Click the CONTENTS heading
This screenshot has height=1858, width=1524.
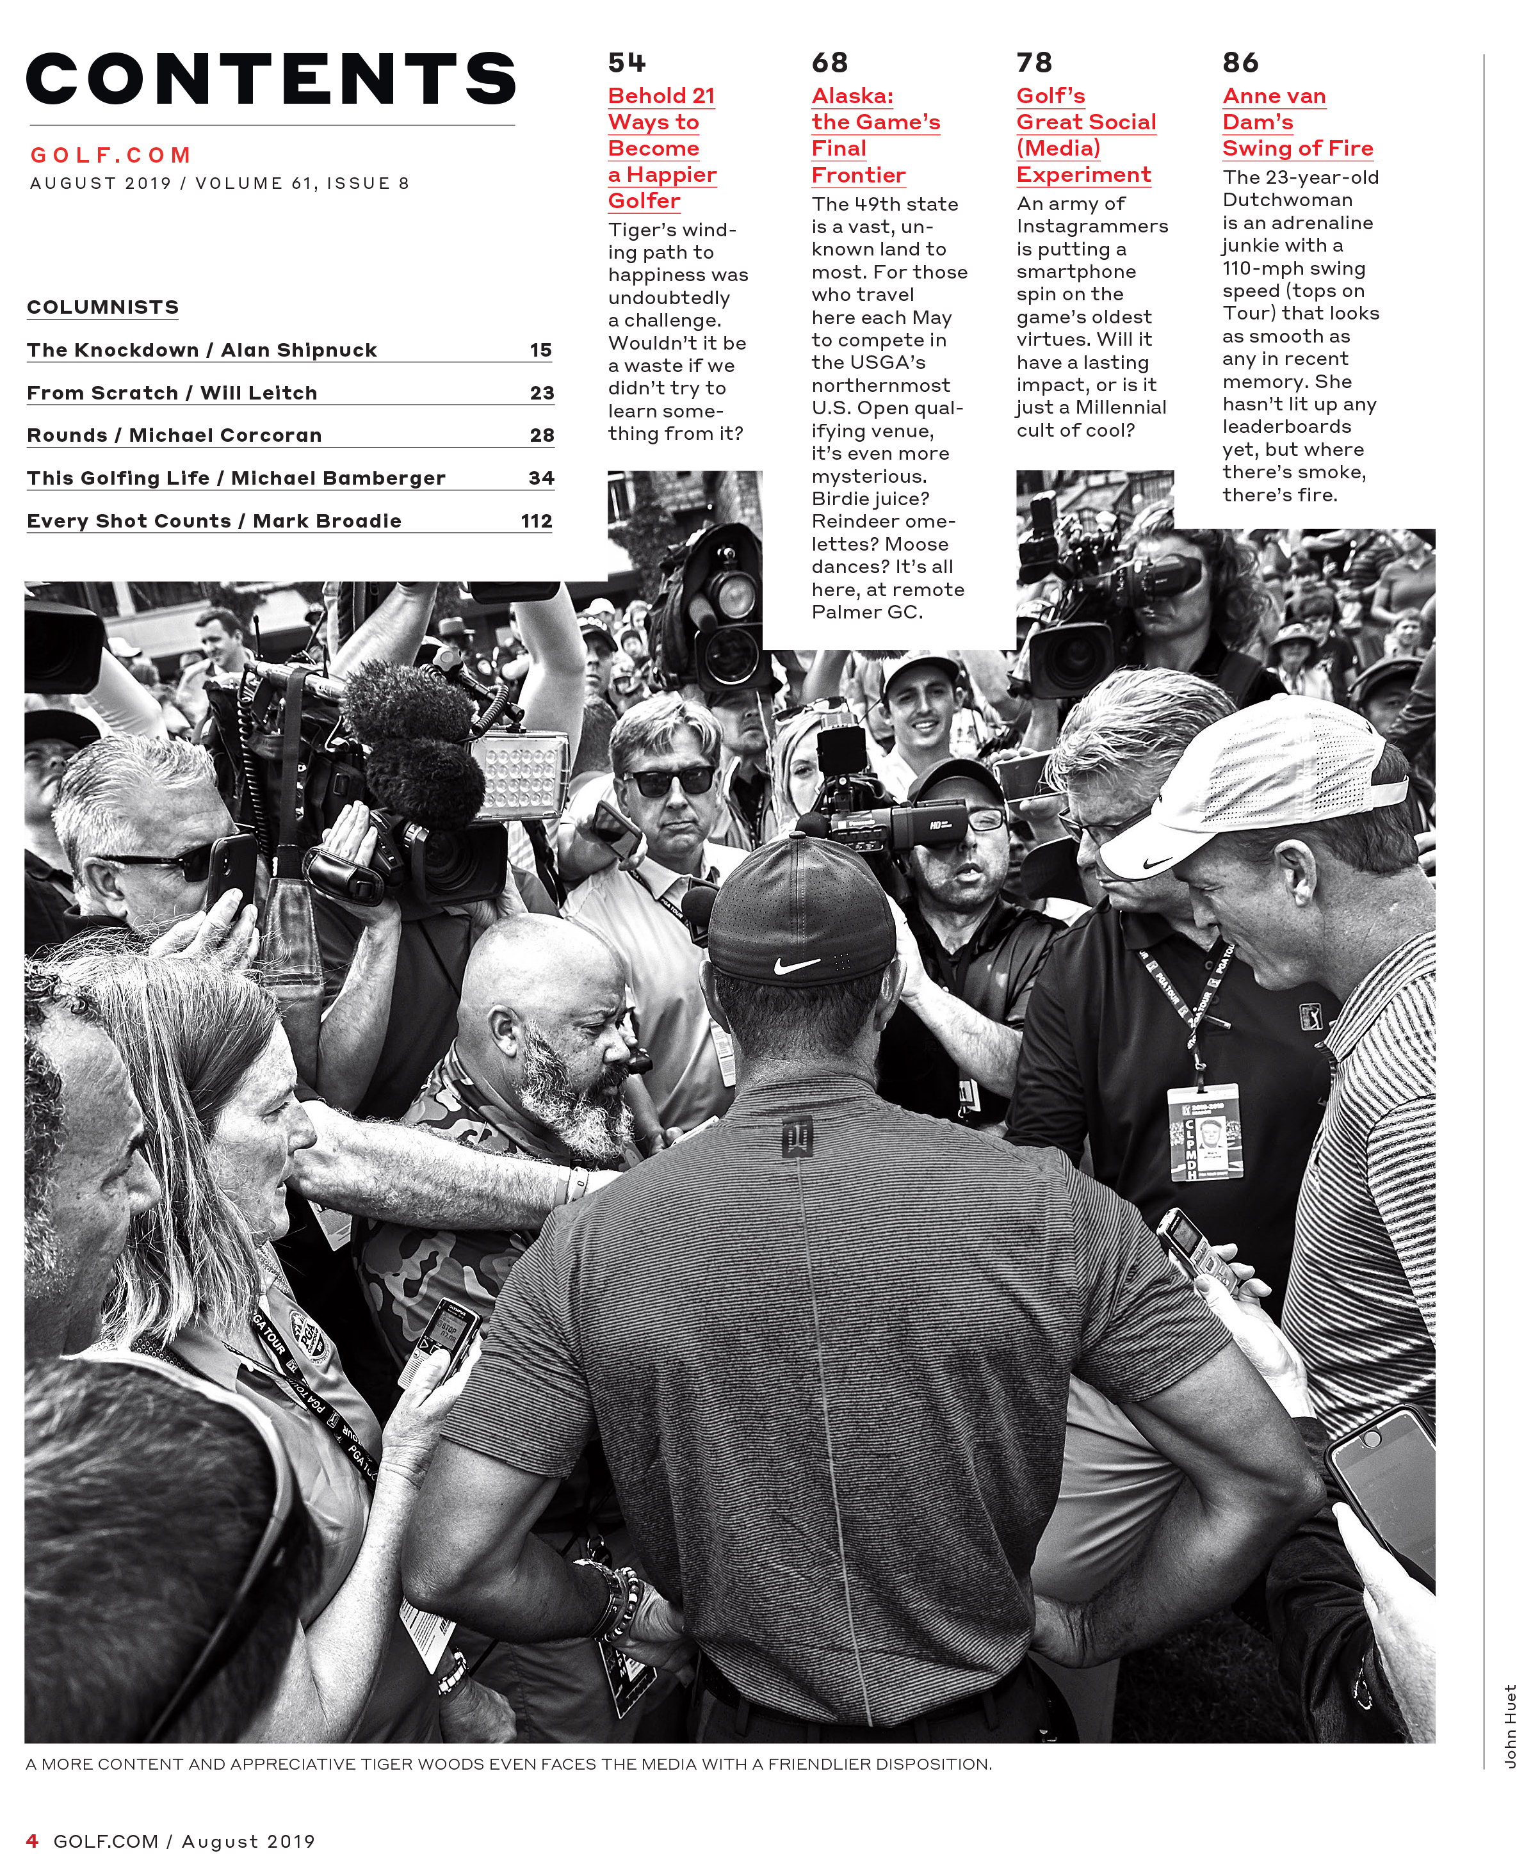click(x=272, y=79)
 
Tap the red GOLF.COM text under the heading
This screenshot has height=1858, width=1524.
click(x=111, y=156)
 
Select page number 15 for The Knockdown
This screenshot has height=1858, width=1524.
click(x=541, y=350)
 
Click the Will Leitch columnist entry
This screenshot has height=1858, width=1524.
click(x=172, y=393)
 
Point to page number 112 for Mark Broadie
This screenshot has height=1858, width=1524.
click(x=537, y=521)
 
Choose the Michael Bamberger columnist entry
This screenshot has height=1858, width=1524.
click(x=236, y=478)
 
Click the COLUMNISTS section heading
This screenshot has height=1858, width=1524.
click(x=102, y=307)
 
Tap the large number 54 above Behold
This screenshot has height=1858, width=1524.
click(x=627, y=63)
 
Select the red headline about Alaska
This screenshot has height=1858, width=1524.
click(x=875, y=135)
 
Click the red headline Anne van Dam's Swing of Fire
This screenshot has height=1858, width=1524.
click(x=1297, y=122)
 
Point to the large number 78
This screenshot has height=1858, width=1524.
click(x=1034, y=63)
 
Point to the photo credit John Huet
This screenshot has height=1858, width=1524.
click(x=1510, y=1725)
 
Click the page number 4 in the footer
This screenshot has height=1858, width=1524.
click(x=33, y=1841)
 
